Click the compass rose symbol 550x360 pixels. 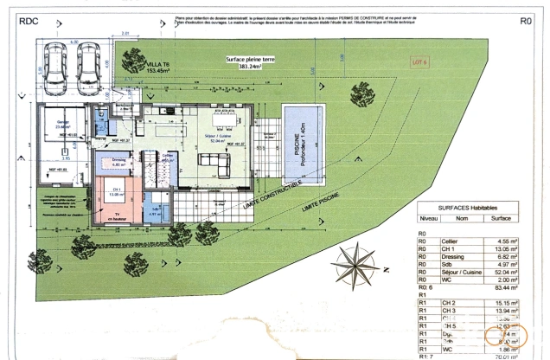coord(356,261)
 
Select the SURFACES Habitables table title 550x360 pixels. coord(467,209)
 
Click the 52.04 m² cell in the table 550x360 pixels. coord(504,272)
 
